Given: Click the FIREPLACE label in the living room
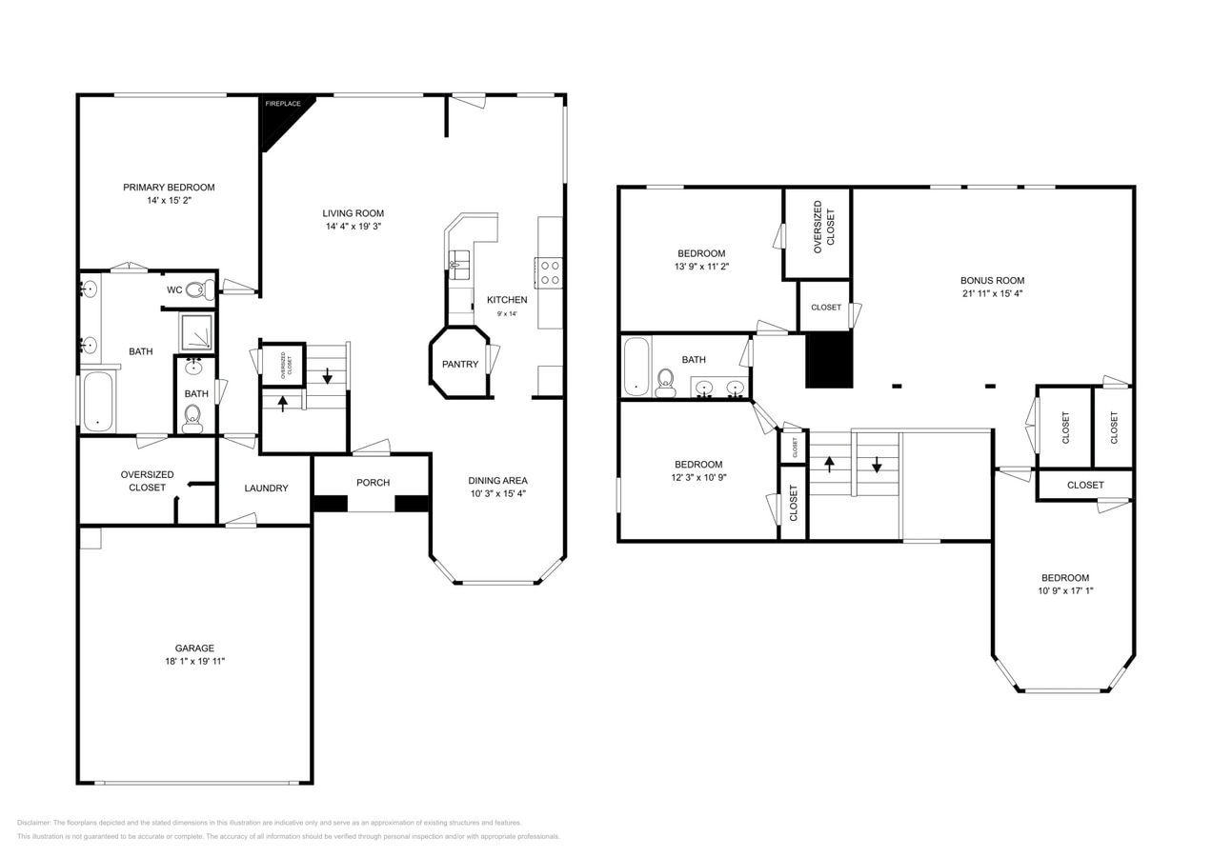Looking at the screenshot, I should coord(283,104).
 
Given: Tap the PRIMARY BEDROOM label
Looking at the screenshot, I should coord(169,188).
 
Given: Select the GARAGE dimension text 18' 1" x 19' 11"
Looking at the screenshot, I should coord(194,661).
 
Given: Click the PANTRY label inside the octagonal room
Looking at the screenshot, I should coord(460,364).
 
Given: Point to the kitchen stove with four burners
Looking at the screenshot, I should coord(550,272).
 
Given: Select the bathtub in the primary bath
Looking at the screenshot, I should coord(98,401).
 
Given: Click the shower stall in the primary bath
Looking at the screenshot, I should coord(196,332).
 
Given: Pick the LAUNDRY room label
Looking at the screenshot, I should coord(266,488).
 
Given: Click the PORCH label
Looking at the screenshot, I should coord(373,483).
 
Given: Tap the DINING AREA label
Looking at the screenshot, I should coord(497,481).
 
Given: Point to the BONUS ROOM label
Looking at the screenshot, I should coord(992,281).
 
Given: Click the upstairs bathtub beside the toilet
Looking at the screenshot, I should coord(636,367).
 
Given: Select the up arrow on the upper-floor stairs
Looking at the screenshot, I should coord(829,464).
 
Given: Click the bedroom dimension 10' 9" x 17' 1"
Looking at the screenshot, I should coord(1065,590).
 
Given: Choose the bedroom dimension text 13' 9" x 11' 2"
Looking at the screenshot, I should coord(701,267).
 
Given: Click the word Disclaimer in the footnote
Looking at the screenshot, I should coord(33,823).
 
